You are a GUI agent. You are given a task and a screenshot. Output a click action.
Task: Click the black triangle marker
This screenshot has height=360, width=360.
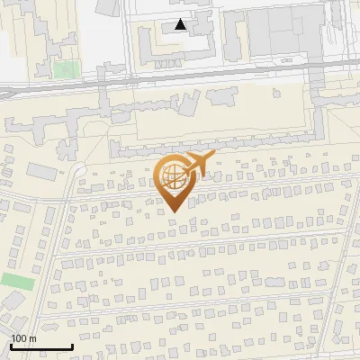coord(181,25)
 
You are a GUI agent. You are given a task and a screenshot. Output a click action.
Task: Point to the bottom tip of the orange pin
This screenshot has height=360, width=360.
coord(171,212)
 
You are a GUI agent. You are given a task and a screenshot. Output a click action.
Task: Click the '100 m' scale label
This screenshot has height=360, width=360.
coord(24,338)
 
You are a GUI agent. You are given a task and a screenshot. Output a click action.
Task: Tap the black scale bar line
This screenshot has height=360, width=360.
coord(41,346)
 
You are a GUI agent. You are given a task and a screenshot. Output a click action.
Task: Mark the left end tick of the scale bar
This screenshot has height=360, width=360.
coord(12,345)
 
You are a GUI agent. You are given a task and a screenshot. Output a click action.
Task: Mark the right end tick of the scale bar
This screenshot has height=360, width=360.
coord(72,345)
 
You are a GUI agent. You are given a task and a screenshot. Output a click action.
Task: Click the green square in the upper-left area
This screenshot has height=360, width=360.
coord(64,68)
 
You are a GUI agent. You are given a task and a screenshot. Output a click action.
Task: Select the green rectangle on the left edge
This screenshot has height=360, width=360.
coord(16,281)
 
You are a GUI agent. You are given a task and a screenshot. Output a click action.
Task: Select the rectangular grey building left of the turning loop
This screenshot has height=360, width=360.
coord(40,169)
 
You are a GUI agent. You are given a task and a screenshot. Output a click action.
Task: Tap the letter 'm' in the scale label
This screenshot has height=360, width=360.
coord(33,338)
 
